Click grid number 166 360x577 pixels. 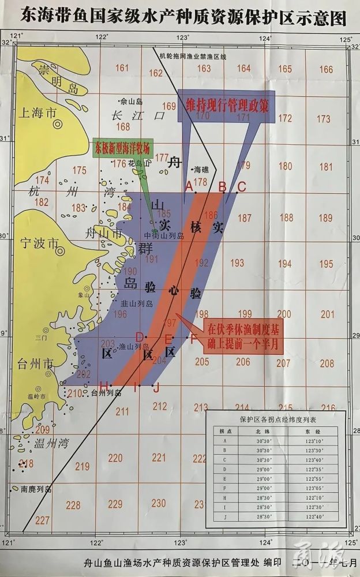[x=326, y=69]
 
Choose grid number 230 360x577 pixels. [x=158, y=503]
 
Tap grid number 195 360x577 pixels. [x=326, y=264]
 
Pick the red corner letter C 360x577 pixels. [x=242, y=186]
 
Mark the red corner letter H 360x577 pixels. [x=103, y=385]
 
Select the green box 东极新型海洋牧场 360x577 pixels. [x=122, y=148]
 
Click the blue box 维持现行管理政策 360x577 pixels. [x=226, y=106]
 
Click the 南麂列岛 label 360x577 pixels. [x=36, y=489]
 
